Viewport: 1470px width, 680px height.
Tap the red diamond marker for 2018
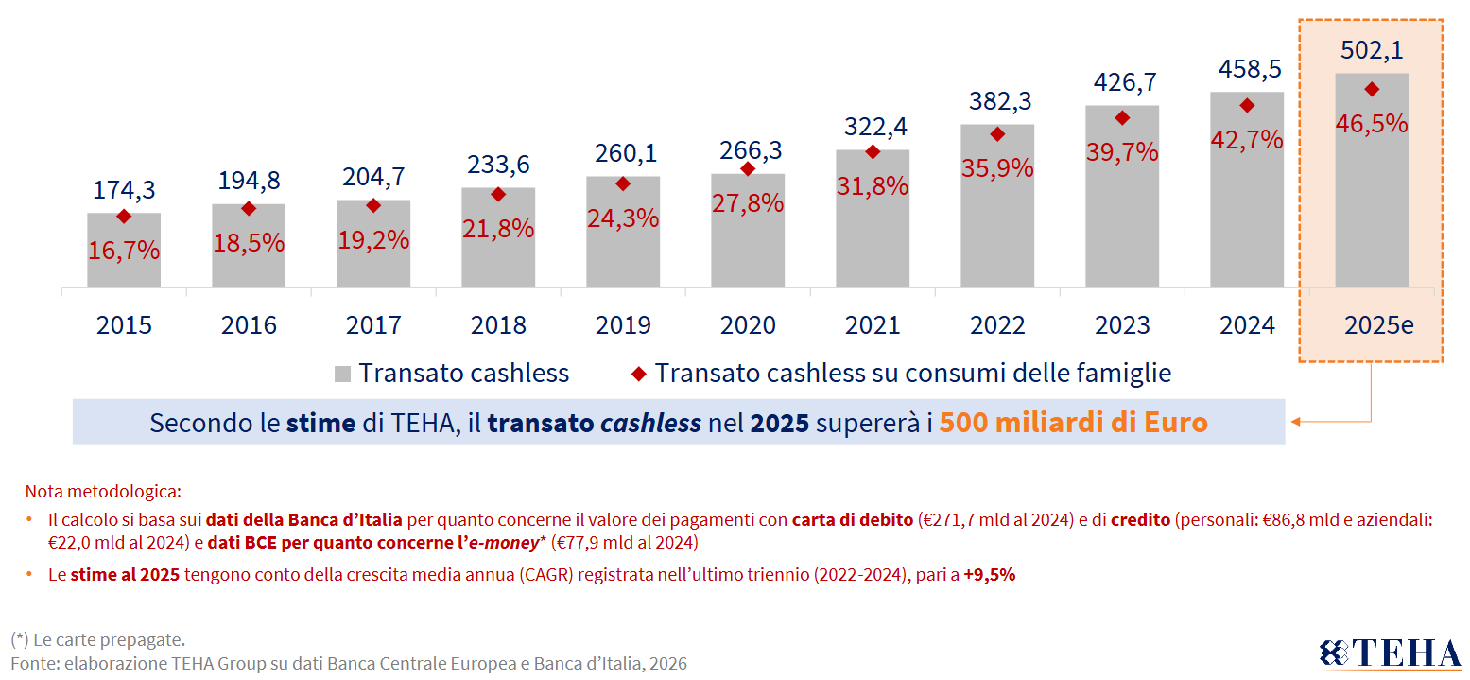tap(498, 195)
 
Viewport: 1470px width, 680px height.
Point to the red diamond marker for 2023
tap(1122, 118)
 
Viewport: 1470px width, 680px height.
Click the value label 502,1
tap(1372, 50)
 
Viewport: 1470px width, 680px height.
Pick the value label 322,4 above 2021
tap(873, 126)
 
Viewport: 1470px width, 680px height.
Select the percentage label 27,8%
tap(748, 202)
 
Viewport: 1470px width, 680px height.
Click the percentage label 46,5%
tap(1372, 123)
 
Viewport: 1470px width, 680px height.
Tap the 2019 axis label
tap(623, 325)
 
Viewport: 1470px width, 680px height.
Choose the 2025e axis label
tap(1378, 325)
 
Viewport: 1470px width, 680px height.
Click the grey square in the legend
tap(342, 374)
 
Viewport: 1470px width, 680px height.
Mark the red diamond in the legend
tap(639, 374)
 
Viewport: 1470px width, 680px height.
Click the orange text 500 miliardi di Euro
tap(1073, 422)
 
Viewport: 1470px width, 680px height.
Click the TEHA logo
tap(1390, 654)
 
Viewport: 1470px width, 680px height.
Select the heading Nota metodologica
tap(102, 492)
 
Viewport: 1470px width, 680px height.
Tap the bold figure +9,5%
tap(989, 574)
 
